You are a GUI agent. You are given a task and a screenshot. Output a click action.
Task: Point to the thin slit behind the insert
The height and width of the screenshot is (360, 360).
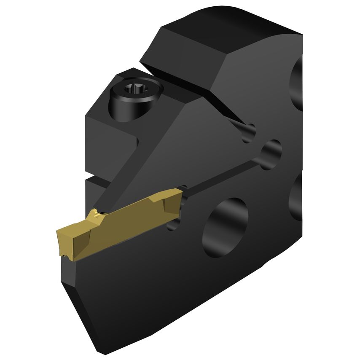[223, 171]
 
